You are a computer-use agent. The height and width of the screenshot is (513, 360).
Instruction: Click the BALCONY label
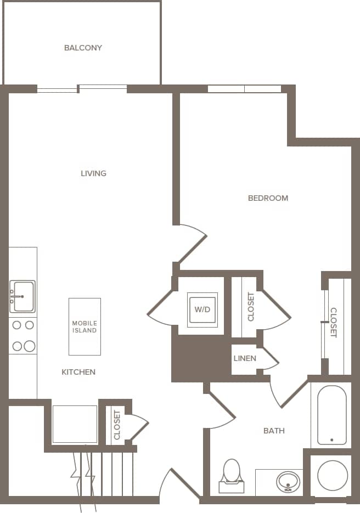tap(83, 48)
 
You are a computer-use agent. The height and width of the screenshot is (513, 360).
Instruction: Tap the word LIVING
tap(93, 173)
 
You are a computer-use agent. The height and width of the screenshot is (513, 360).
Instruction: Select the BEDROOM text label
tap(268, 198)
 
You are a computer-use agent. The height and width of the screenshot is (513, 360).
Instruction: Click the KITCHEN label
tap(78, 372)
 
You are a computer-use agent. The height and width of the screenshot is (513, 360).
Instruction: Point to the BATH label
tap(274, 431)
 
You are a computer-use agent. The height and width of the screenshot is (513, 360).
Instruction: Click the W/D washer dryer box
tap(202, 310)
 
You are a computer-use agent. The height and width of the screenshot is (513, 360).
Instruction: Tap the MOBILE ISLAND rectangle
tap(85, 327)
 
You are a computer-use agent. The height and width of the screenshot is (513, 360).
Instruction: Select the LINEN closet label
tap(244, 359)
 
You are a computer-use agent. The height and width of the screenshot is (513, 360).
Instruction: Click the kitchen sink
tap(22, 296)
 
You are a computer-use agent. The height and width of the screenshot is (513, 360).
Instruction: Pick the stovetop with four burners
tap(22, 335)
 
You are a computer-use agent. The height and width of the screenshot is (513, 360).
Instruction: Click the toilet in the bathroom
tap(232, 476)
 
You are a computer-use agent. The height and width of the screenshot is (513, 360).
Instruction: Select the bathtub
tap(331, 415)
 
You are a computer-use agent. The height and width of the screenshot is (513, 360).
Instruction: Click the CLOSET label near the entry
tap(116, 425)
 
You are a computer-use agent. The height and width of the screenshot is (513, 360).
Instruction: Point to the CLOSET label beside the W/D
tap(251, 307)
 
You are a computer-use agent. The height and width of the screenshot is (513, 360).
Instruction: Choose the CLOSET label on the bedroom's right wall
tap(333, 322)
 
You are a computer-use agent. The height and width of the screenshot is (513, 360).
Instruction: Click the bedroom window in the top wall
tap(244, 89)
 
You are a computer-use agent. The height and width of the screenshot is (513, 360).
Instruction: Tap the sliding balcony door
tap(82, 88)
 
